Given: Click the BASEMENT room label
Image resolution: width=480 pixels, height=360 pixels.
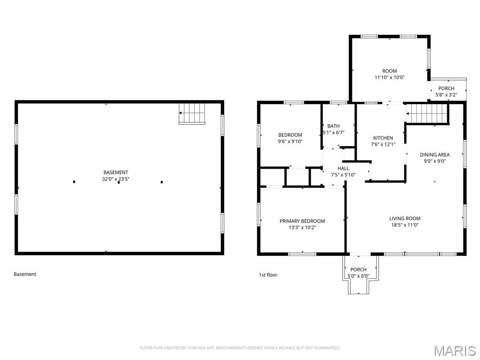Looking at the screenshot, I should tap(116, 172).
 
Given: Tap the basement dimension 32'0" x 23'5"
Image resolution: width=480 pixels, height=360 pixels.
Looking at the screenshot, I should tap(116, 179).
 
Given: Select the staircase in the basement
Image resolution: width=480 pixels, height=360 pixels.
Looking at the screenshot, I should tap(193, 113).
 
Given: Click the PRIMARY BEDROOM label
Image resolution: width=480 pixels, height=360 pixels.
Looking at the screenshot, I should tap(302, 221).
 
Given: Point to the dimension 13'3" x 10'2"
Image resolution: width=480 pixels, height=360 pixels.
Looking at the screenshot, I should tap(302, 228).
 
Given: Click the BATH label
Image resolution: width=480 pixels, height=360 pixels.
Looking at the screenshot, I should tap(333, 126).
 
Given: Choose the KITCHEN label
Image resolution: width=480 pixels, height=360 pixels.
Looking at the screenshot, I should tap(383, 138).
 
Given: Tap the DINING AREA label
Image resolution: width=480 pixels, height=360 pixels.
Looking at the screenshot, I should tap(435, 155).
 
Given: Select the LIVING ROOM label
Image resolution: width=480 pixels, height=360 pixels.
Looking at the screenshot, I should tap(405, 218).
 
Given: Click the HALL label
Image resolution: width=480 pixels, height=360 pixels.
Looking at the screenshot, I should tap(343, 168).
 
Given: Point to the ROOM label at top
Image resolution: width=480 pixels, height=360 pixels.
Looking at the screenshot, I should tap(389, 71).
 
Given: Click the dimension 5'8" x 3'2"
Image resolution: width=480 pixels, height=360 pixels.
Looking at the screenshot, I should tap(446, 95).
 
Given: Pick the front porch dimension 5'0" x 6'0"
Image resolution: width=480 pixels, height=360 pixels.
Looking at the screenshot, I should tap(358, 276).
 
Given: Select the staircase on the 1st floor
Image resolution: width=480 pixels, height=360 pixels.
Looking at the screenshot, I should tap(427, 113).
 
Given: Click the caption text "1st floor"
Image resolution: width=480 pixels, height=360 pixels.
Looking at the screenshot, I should tap(268, 275).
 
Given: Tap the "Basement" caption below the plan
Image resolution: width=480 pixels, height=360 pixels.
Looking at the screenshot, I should tap(25, 274).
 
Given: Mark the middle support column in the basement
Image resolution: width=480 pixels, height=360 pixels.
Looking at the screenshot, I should tap(118, 182).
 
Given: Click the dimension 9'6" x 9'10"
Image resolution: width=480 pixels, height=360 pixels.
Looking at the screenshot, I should tap(290, 141).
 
